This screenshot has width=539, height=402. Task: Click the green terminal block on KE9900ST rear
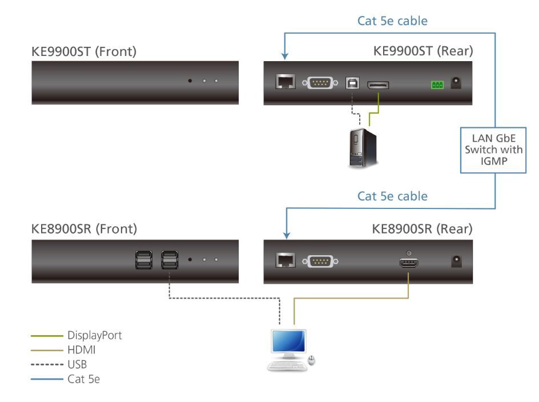(x=437, y=85)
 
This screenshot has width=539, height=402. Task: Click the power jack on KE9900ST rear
(x=456, y=83)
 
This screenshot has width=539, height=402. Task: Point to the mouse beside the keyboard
(x=311, y=360)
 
